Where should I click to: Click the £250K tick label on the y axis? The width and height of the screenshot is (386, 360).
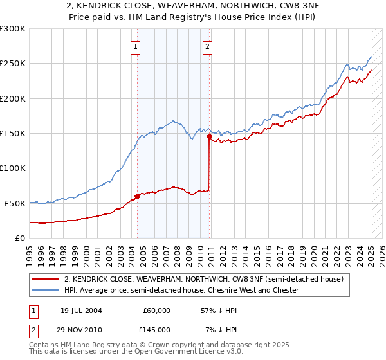pyautogui.click(x=12, y=64)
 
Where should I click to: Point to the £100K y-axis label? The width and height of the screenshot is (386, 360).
pyautogui.click(x=12, y=168)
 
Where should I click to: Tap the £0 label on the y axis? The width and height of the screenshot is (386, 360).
pyautogui.click(x=19, y=238)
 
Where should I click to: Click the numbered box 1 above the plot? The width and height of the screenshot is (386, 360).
pyautogui.click(x=136, y=46)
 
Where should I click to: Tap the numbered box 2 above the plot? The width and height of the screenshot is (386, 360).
pyautogui.click(x=208, y=46)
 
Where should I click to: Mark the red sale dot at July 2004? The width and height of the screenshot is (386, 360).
pyautogui.click(x=137, y=196)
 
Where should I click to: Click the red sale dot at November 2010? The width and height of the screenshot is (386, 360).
pyautogui.click(x=209, y=136)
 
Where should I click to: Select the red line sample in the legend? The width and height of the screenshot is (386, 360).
pyautogui.click(x=46, y=280)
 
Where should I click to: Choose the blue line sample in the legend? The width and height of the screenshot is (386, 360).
pyautogui.click(x=46, y=291)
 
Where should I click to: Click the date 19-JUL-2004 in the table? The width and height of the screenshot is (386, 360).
pyautogui.click(x=80, y=310)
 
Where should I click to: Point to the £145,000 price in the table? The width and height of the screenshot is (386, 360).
pyautogui.click(x=157, y=328)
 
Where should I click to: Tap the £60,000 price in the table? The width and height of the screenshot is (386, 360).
pyautogui.click(x=157, y=310)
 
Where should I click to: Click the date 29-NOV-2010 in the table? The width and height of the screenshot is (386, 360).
pyautogui.click(x=80, y=328)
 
